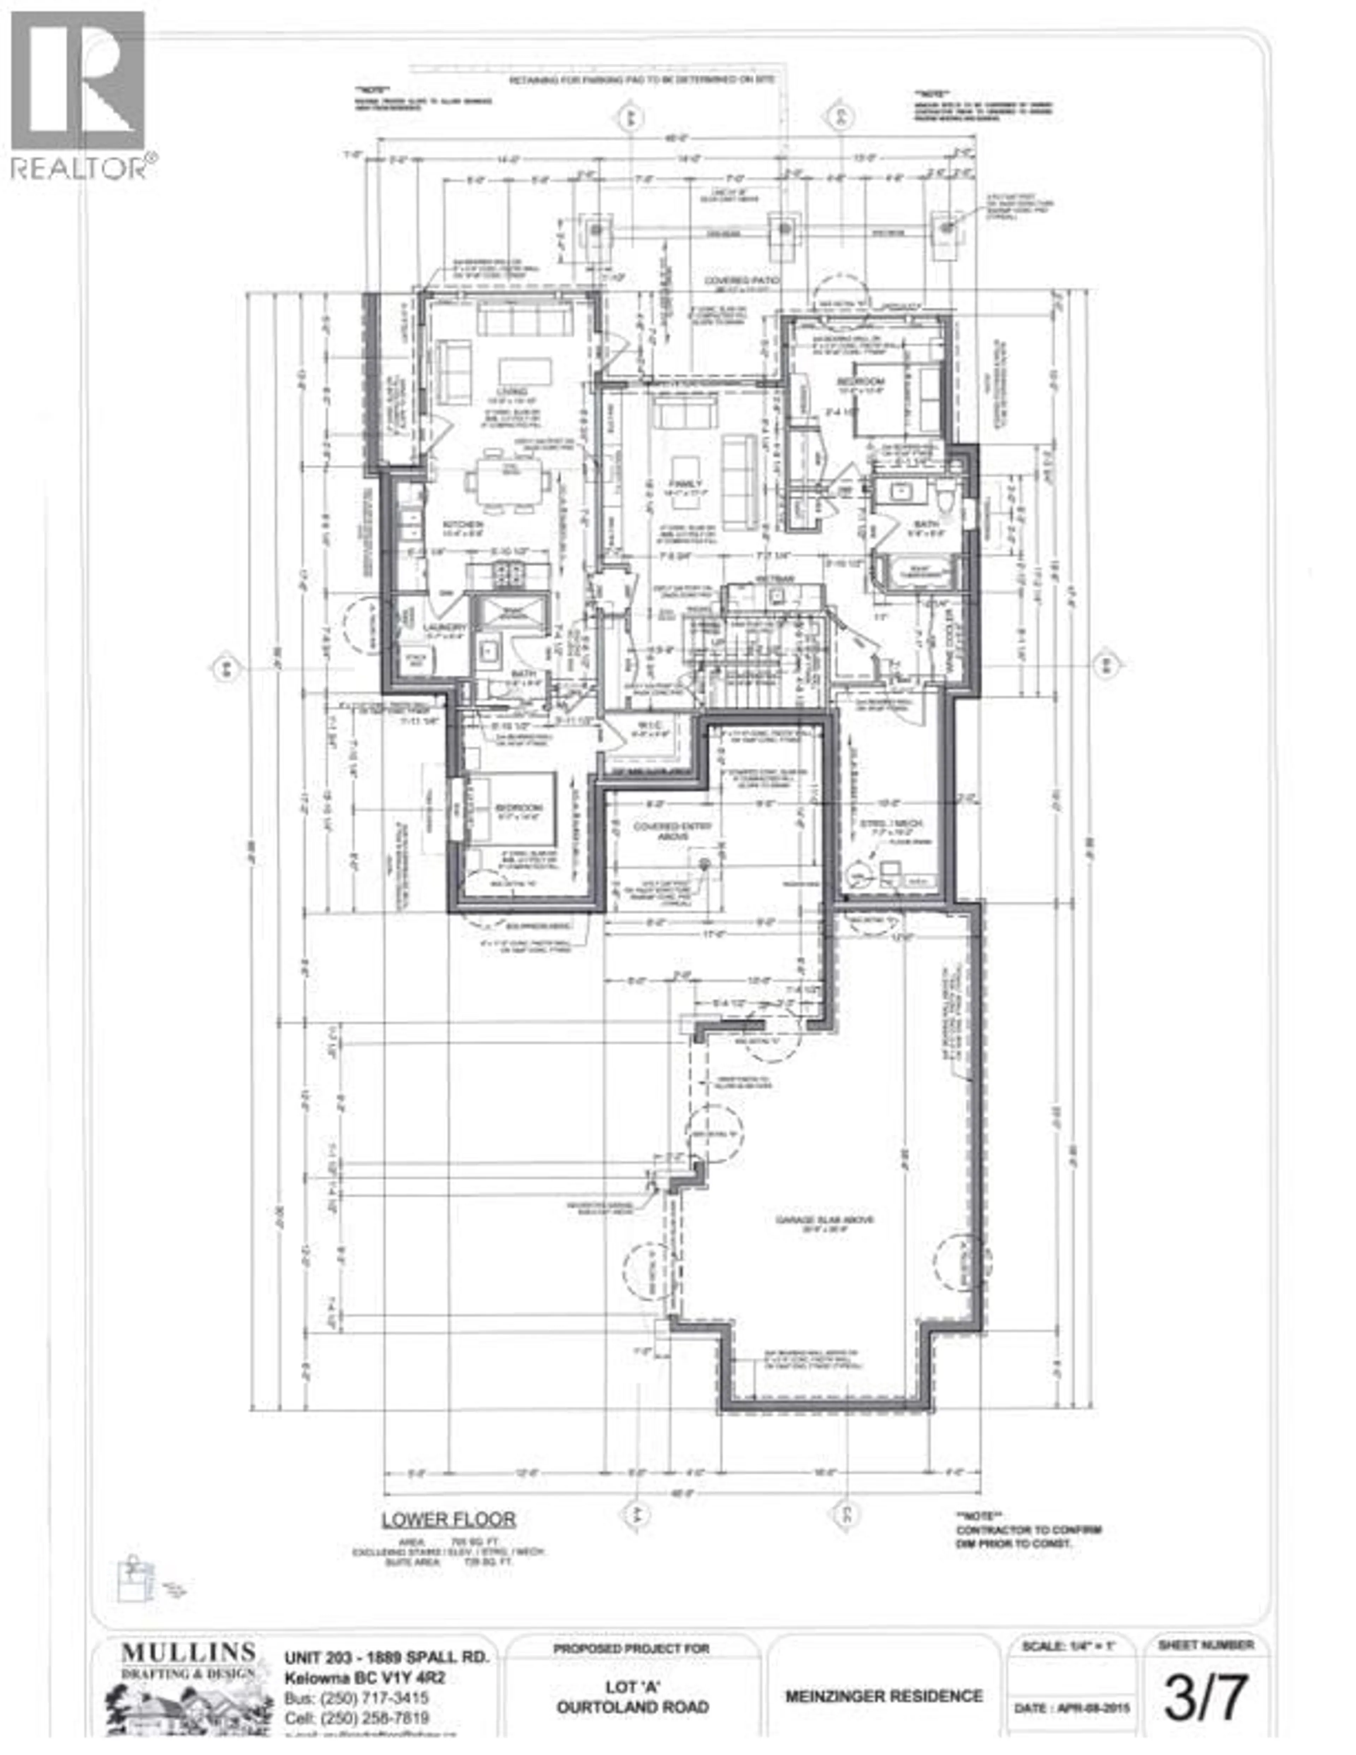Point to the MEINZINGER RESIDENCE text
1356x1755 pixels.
tap(884, 1696)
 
